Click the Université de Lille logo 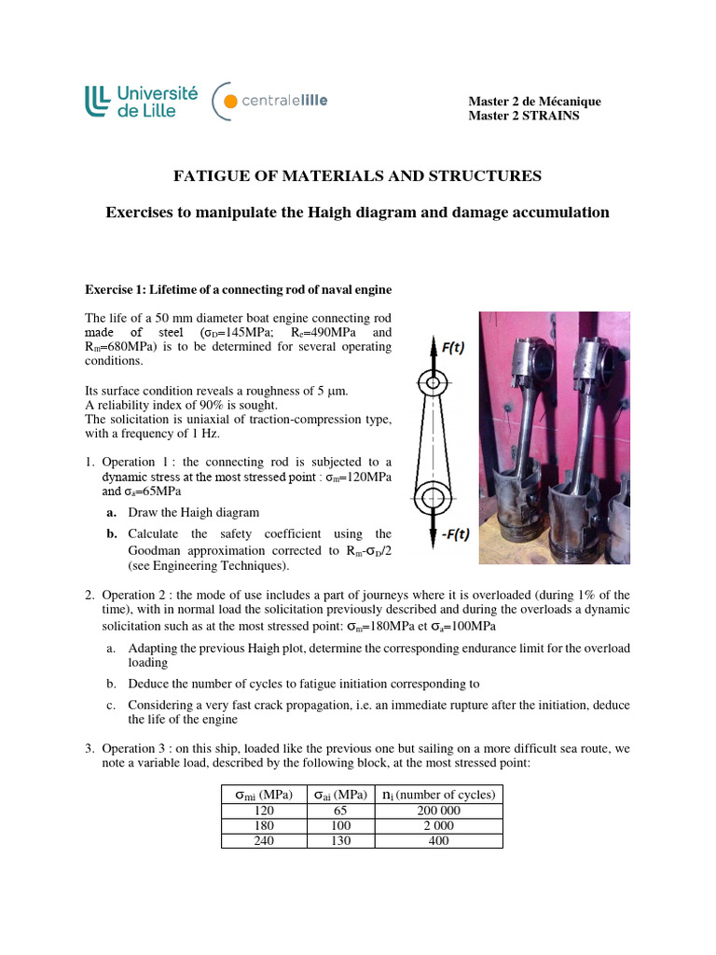click(142, 101)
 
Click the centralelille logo click(269, 101)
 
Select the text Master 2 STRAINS click(523, 116)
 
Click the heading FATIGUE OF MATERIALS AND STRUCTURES click(358, 175)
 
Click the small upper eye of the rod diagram click(432, 382)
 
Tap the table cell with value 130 click(336, 840)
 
